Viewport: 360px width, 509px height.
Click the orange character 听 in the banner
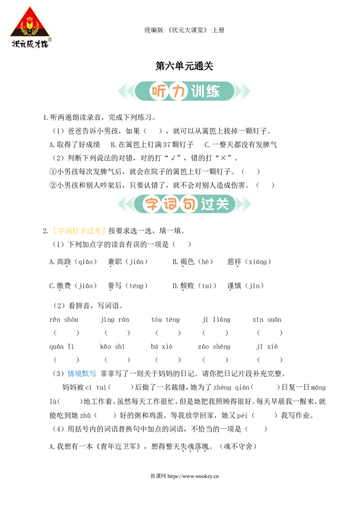157,92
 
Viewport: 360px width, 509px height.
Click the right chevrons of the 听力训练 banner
243,92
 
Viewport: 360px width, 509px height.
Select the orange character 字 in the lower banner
152,204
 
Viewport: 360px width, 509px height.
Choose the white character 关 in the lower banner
223,204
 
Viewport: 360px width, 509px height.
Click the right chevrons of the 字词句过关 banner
243,204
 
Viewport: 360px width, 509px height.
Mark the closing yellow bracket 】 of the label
104,232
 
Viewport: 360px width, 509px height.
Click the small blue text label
82,373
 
